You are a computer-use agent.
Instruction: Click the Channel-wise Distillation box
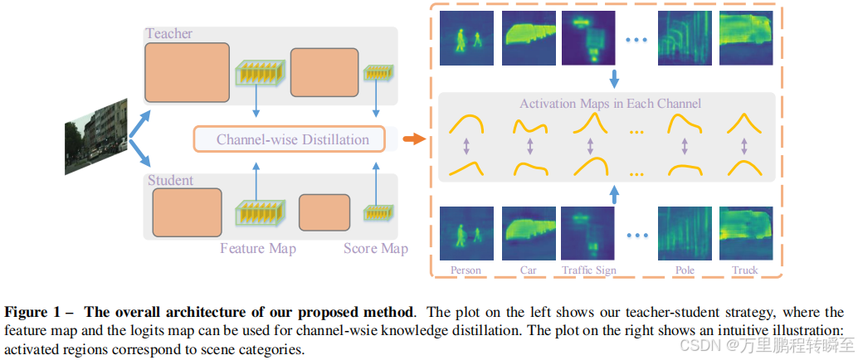291,139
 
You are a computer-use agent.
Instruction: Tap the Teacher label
168,34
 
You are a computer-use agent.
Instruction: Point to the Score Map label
375,248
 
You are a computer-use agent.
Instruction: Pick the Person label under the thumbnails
466,270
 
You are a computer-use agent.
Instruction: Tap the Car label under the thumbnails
528,270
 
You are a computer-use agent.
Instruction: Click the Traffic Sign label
589,270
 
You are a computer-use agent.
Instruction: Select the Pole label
685,270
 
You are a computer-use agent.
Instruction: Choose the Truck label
745,270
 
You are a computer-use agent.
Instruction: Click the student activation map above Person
466,235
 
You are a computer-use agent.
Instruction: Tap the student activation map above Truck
745,235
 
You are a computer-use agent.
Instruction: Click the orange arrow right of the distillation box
411,139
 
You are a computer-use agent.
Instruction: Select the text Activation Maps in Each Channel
610,104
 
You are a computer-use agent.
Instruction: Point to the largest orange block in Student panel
187,212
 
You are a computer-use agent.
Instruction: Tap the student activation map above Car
528,235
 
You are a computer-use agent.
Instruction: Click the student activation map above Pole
685,235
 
